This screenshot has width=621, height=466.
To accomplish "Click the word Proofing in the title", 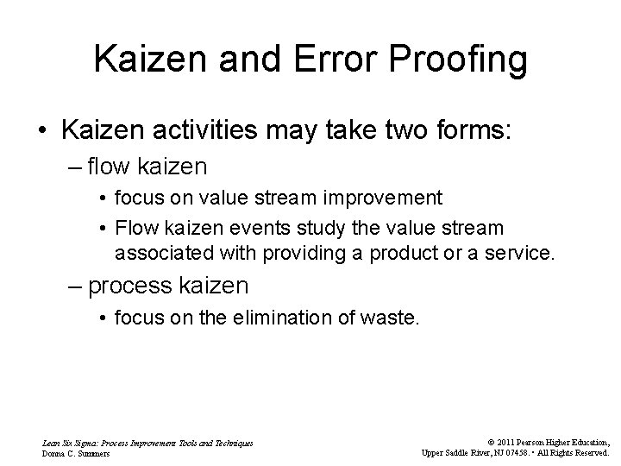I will (x=454, y=60).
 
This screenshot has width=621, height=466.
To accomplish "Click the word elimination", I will (x=290, y=318).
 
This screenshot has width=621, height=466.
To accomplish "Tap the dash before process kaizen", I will (x=74, y=285).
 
